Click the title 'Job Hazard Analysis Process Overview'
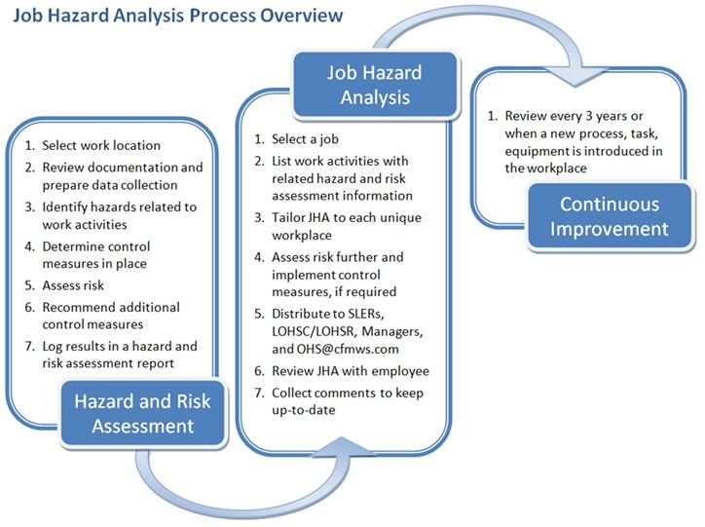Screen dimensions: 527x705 pos(177,16)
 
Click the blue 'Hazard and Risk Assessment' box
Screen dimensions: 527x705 pos(151,412)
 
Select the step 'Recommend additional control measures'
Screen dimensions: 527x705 pos(104,315)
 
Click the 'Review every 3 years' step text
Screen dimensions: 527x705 pos(567,117)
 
